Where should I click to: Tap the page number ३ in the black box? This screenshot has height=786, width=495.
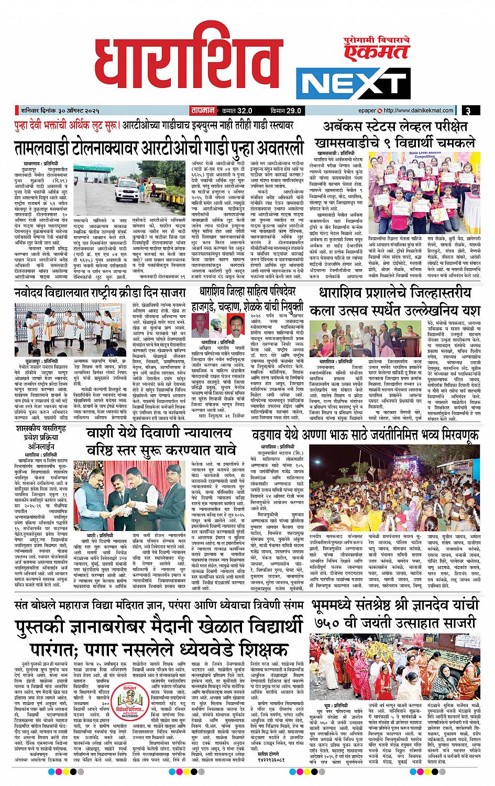tap(469, 110)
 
